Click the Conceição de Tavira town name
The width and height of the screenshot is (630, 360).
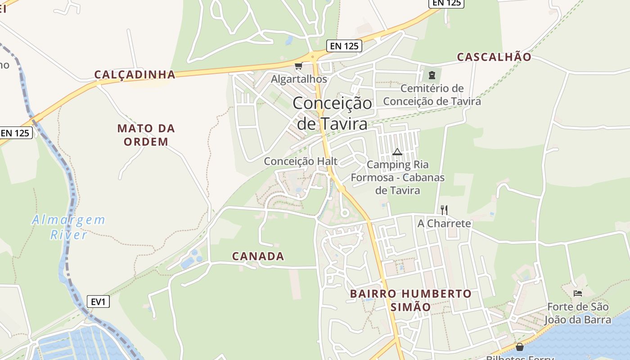point(333,113)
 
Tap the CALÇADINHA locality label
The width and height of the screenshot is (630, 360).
point(135,75)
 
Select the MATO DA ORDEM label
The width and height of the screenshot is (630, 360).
point(146,135)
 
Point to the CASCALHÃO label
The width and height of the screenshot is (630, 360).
point(494,57)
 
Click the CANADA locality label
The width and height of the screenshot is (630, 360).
point(258,256)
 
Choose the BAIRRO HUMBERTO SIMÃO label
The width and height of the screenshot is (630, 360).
point(411,300)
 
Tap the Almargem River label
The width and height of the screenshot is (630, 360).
point(68,227)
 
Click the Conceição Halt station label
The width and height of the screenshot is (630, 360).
point(301,161)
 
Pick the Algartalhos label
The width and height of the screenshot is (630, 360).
point(299,79)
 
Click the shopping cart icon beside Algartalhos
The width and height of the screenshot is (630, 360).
point(298,66)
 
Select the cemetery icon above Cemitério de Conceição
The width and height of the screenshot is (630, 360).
point(432,75)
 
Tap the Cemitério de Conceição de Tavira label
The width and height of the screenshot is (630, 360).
point(432,94)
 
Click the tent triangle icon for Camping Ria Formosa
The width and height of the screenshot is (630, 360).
point(396,152)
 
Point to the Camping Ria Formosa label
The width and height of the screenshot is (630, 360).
point(398,178)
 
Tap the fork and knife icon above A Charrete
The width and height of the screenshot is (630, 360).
point(444,210)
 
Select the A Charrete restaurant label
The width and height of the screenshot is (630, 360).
point(444,224)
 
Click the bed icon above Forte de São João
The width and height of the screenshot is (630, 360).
point(578,293)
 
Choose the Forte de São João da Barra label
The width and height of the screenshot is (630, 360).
point(578,313)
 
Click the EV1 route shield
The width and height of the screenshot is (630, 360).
point(98,301)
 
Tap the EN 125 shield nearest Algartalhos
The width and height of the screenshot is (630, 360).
point(344,45)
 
